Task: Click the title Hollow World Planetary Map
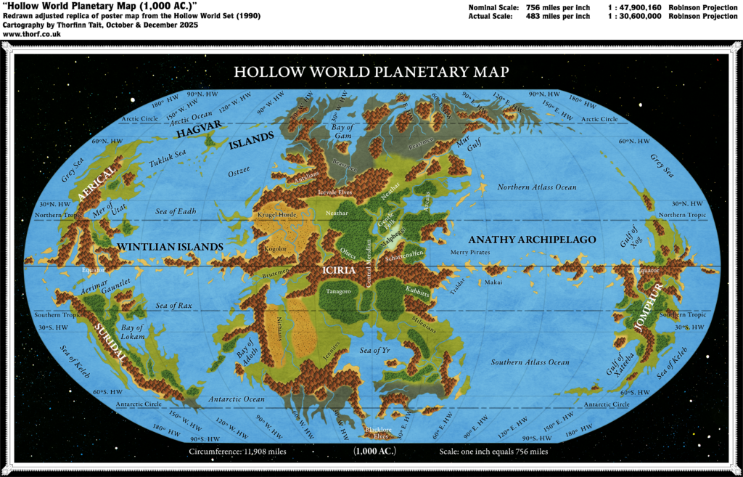tap(371, 72)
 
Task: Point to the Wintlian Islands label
tap(170, 247)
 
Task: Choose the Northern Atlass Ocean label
tap(537, 187)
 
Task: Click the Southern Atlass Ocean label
tap(530, 362)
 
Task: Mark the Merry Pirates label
tap(470, 252)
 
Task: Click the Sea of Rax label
tap(174, 306)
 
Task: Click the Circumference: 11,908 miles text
tap(229, 451)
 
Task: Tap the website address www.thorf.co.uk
tap(22, 33)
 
